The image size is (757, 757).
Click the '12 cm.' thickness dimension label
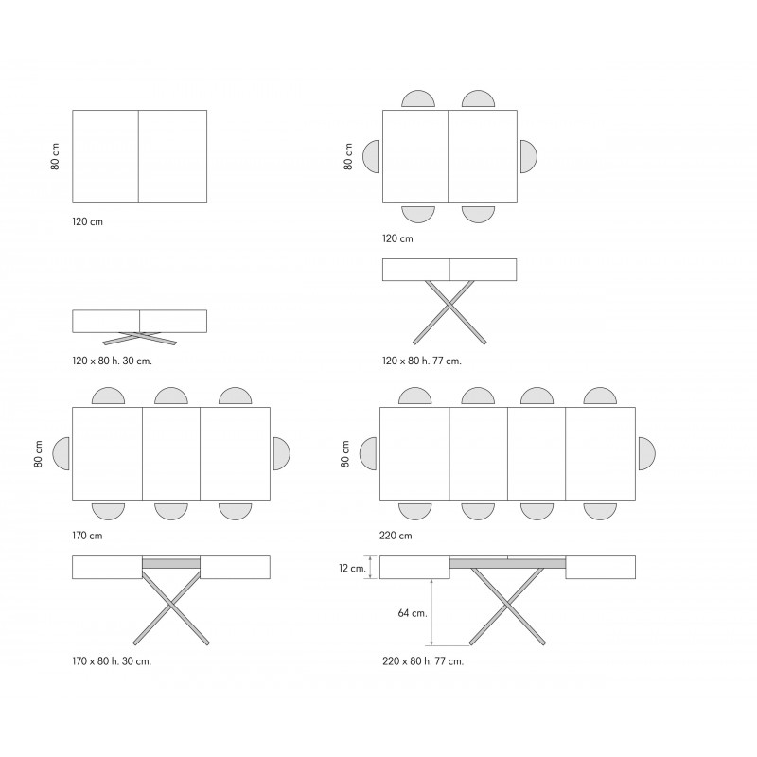[352, 568]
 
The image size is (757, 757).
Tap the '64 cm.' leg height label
[413, 613]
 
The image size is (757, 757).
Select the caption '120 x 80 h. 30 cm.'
[112, 361]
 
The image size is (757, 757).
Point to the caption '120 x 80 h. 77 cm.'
[422, 361]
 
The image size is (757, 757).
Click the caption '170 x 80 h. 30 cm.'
[112, 660]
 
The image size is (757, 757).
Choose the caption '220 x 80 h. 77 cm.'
[423, 660]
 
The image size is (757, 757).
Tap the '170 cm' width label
[87, 536]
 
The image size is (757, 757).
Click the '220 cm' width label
[396, 536]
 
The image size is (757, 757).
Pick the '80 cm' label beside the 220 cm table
[345, 454]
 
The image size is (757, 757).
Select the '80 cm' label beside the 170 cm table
[38, 454]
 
